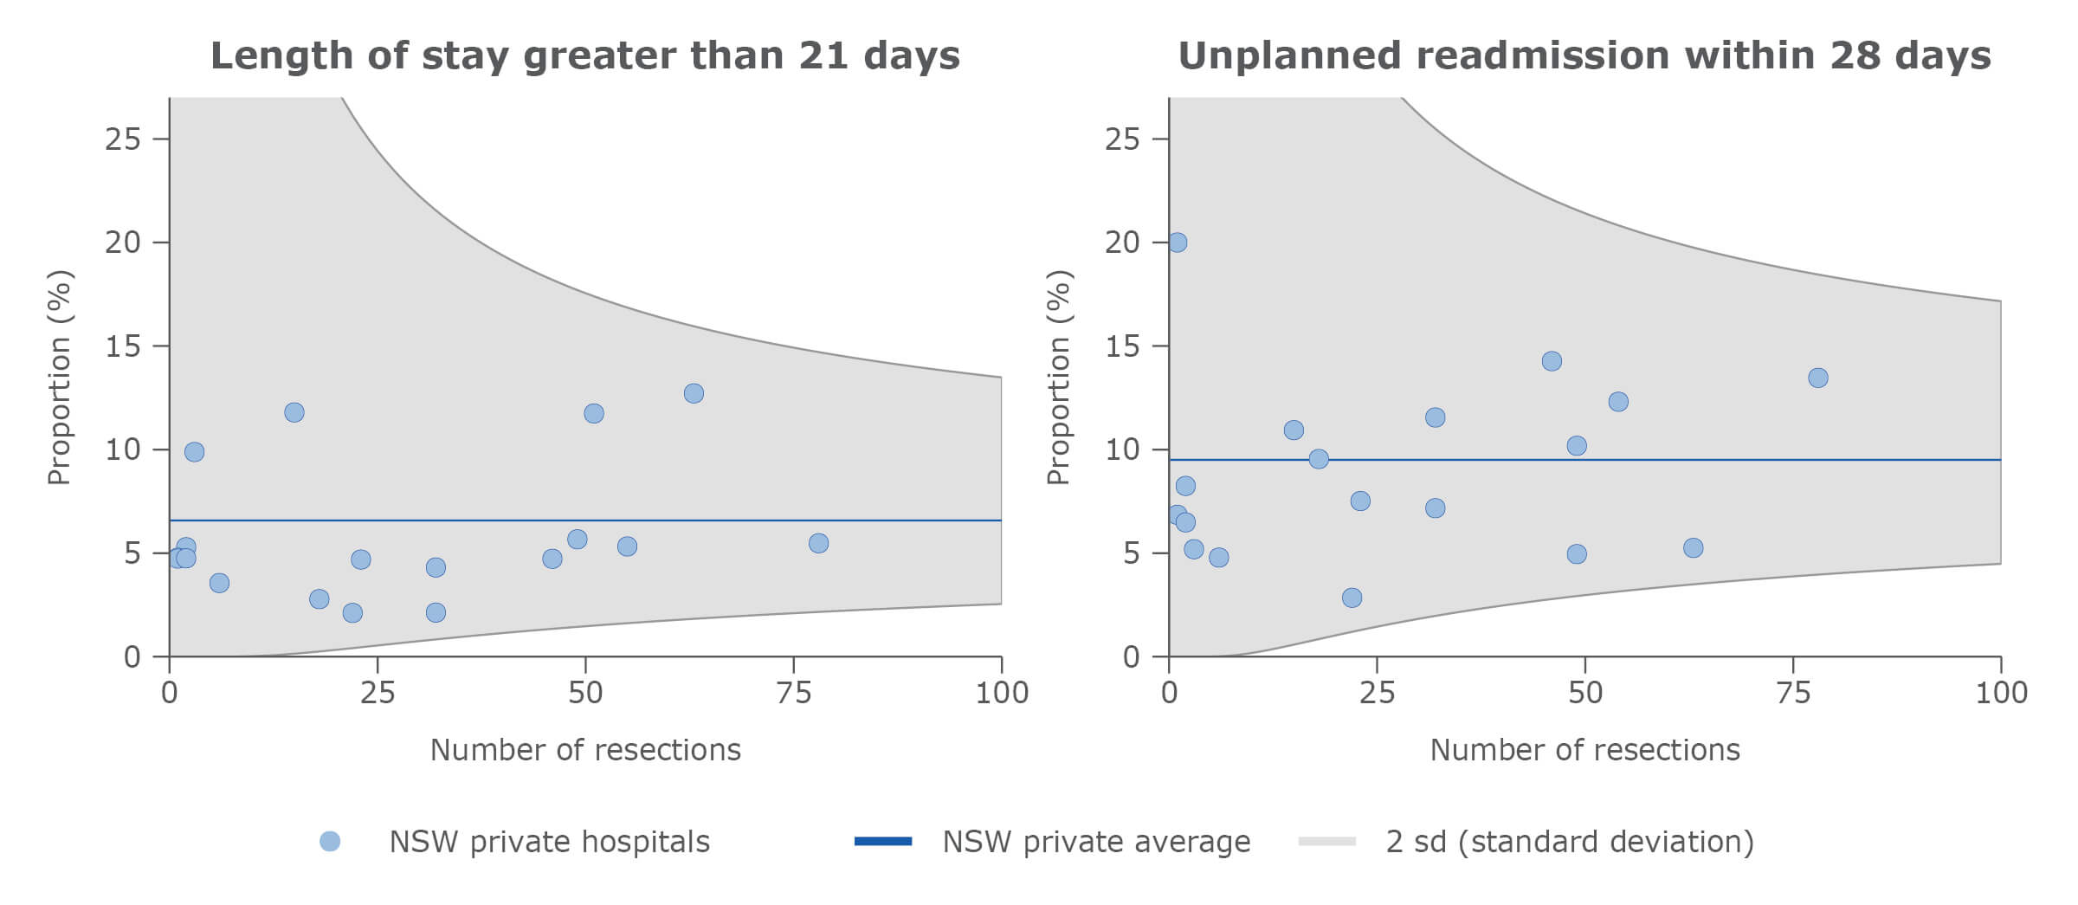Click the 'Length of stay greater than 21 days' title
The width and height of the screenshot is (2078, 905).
pos(584,55)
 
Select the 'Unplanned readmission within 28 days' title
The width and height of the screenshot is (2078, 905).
pos(1584,55)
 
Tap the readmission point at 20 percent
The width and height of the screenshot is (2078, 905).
pos(1177,242)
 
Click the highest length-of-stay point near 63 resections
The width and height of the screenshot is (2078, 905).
pos(694,393)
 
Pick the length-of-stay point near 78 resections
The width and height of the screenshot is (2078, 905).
pos(818,543)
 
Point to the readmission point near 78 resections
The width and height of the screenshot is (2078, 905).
pos(1817,378)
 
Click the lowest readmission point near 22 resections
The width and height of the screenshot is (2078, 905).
pos(1352,598)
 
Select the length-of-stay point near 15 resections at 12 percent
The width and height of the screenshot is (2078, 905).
pos(294,412)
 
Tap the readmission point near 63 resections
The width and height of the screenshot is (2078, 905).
pos(1693,547)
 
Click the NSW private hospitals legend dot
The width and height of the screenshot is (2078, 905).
pos(330,841)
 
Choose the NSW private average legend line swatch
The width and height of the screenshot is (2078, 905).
pos(882,841)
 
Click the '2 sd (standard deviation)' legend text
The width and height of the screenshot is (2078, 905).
pos(1569,841)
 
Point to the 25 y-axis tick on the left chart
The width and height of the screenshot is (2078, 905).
pos(123,139)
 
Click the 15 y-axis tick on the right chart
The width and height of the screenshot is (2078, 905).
pos(1122,346)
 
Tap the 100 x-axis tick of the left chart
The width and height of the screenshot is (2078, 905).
pos(1002,692)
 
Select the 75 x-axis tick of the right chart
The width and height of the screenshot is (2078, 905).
pos(1792,692)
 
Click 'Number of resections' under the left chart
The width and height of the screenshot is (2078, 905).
pos(585,749)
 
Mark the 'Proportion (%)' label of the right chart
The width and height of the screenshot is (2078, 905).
pos(1059,378)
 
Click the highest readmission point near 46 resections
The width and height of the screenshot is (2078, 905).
pos(1552,361)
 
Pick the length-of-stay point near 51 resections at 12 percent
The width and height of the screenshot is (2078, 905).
pos(593,413)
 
